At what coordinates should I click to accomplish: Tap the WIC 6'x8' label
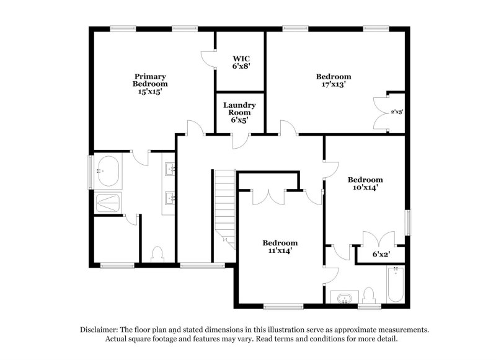point(241,62)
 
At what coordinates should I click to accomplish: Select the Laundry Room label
point(239,109)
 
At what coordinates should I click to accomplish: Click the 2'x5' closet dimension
point(397,112)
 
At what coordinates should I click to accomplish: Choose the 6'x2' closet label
point(381,253)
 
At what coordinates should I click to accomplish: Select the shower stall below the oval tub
point(108,202)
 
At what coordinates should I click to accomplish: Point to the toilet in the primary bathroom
point(157,254)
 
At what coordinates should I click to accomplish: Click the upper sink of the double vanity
point(169,168)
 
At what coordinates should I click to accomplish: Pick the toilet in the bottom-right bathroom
point(369,294)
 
